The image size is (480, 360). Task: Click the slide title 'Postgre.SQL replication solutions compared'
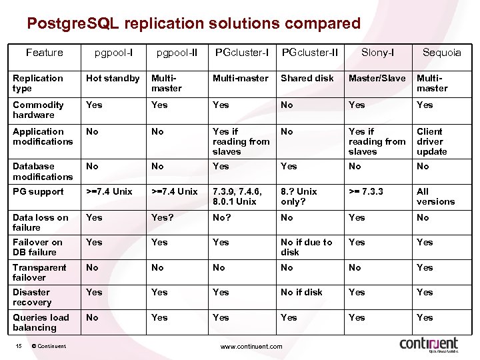point(193,24)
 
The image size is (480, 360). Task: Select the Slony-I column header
point(377,53)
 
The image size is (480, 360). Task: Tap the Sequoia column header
point(441,53)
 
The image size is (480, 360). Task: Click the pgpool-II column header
point(177,53)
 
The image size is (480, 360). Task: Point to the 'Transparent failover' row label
point(39,272)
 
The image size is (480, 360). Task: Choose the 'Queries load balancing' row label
point(41,322)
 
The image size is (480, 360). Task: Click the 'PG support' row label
point(38,191)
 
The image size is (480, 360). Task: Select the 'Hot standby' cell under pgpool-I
point(113,78)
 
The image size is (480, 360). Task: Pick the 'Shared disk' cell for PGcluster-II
point(307,78)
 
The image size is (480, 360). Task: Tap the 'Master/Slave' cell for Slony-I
point(377,78)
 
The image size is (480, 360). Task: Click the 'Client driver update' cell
point(432,141)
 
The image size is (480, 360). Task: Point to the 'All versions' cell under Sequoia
point(435,196)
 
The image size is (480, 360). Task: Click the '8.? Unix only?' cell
point(299,196)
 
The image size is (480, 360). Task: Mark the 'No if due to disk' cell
point(306,247)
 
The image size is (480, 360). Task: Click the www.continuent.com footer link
point(251,346)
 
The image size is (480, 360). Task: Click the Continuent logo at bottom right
point(429,344)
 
